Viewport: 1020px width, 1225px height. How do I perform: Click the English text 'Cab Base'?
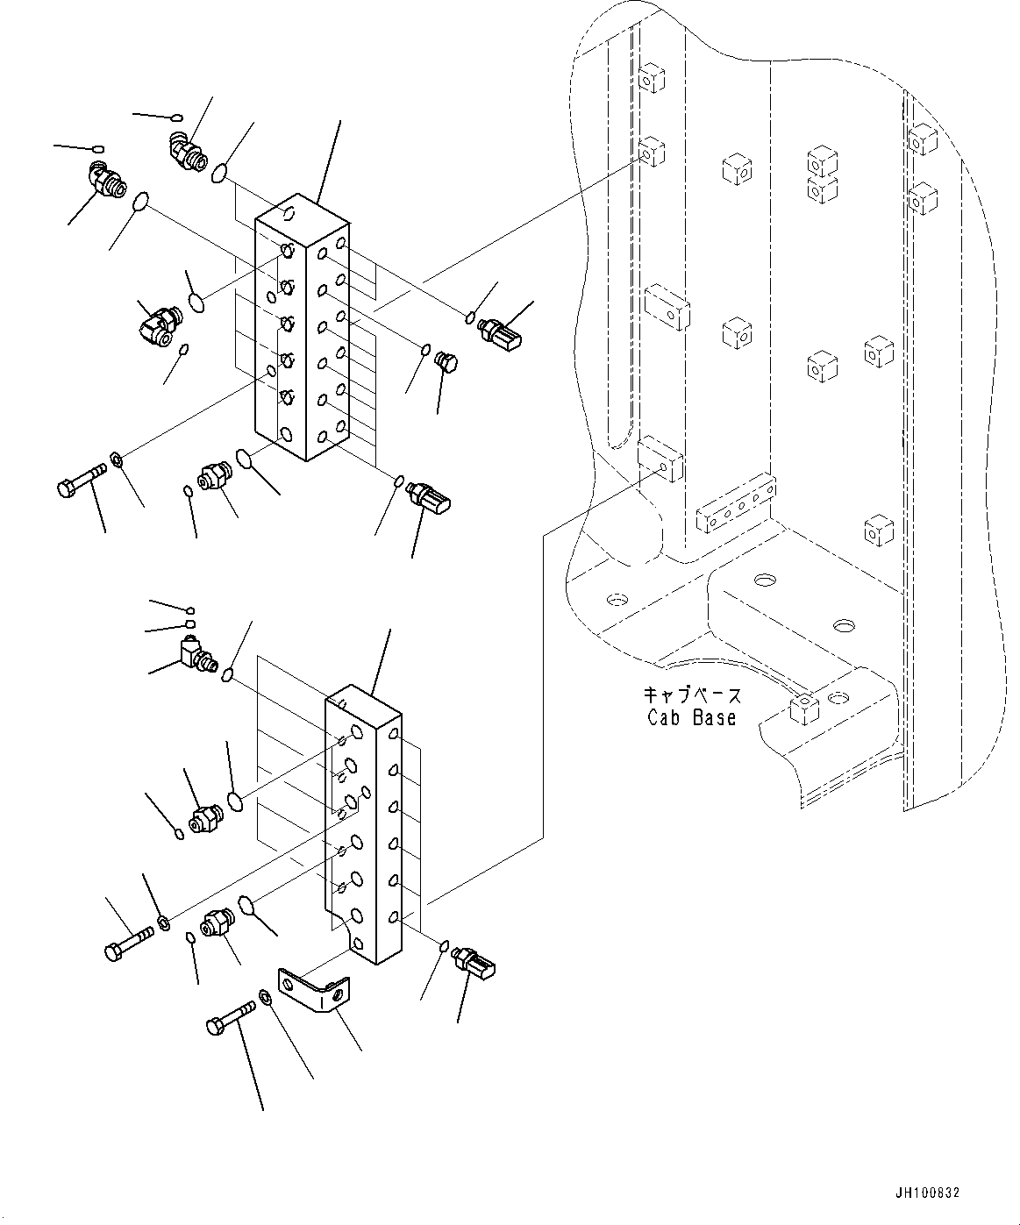[x=691, y=717]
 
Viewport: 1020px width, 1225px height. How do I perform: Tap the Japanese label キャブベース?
[x=692, y=695]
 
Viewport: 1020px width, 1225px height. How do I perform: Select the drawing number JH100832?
[x=927, y=1193]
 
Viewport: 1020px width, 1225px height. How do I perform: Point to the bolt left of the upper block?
[x=81, y=480]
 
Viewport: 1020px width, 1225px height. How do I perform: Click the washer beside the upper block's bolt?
[x=117, y=458]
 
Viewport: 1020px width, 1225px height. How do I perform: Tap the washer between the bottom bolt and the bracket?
[x=265, y=997]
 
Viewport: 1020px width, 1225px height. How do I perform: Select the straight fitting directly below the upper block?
[x=213, y=476]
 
